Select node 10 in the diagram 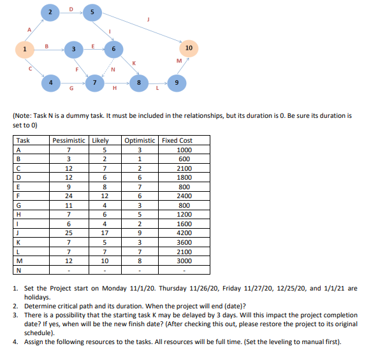tap(189, 48)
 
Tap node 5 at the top tap(92, 12)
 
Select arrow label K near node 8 tap(133, 62)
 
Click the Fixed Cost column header tap(177, 140)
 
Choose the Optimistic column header tap(140, 140)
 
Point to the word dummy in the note tap(82, 116)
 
